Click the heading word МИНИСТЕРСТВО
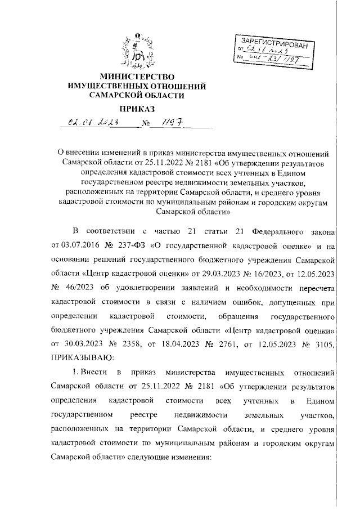point(137,76)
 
